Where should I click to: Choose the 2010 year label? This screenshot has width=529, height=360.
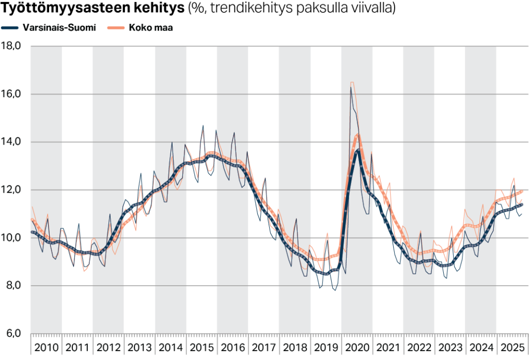46,347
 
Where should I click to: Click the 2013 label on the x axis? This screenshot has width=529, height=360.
139,347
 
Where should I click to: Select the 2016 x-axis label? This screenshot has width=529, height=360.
232,347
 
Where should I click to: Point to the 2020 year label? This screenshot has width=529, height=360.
356,347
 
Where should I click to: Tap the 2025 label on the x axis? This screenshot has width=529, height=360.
511,347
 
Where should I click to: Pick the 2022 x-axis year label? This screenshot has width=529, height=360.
418,347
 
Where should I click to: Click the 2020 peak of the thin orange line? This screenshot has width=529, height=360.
352,82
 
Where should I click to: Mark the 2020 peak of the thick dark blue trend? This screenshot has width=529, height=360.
358,150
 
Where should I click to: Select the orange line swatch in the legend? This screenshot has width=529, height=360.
115,28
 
